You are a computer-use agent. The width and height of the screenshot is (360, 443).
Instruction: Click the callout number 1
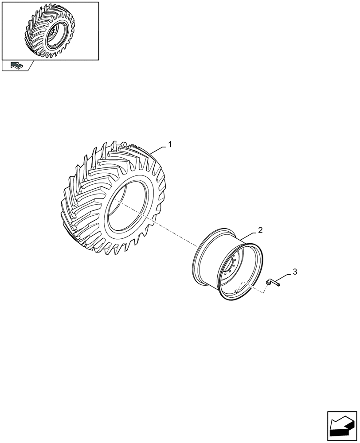(x=170, y=145)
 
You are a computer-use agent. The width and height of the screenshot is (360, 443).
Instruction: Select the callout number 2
(x=260, y=230)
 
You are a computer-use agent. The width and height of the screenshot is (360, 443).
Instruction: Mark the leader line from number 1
(x=160, y=149)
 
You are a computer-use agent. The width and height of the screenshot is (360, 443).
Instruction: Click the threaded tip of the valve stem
(x=278, y=284)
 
